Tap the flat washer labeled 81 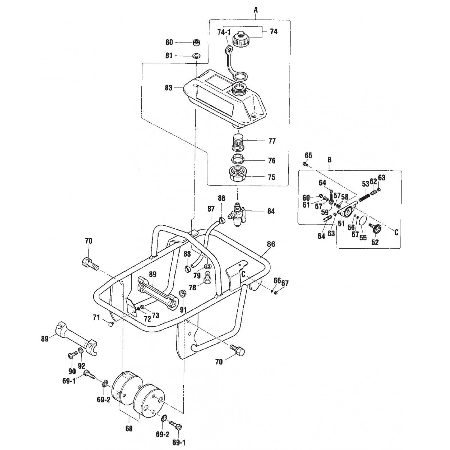195,56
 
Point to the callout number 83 168,88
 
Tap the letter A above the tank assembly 255,10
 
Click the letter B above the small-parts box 329,160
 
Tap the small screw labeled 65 305,163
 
